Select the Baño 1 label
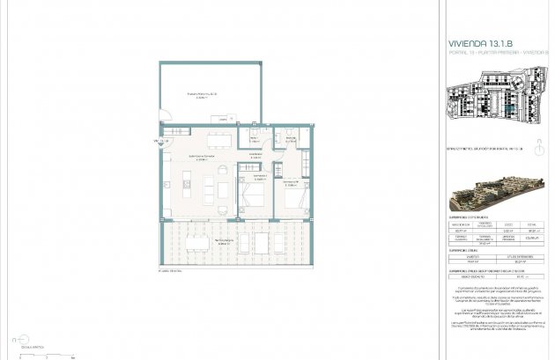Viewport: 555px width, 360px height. (x=254, y=139)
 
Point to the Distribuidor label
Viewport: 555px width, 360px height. (x=256, y=156)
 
